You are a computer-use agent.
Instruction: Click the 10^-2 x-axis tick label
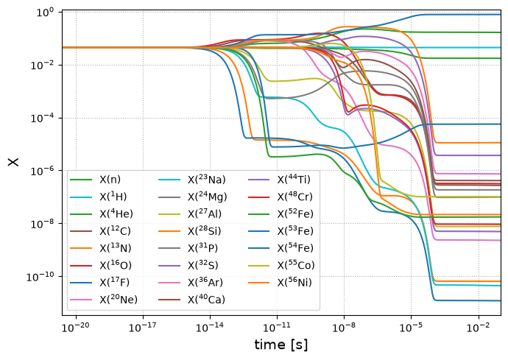[x=479, y=327]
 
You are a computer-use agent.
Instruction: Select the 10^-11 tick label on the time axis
[x=278, y=327]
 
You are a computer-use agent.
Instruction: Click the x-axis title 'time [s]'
[x=281, y=345]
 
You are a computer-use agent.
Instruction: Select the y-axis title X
[x=13, y=162]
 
